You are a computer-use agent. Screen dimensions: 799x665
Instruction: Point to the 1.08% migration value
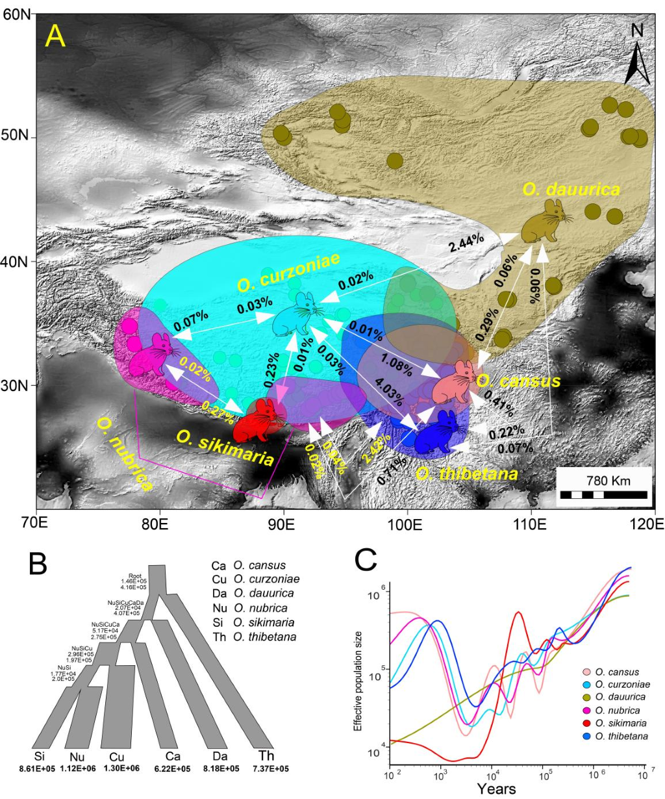click(x=397, y=365)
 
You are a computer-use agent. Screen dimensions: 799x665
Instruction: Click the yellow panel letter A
click(x=56, y=37)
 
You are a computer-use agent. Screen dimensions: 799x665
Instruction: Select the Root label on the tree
click(x=135, y=574)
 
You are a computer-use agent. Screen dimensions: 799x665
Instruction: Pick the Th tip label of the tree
click(x=266, y=755)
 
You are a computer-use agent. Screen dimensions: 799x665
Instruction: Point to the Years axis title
click(x=497, y=789)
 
